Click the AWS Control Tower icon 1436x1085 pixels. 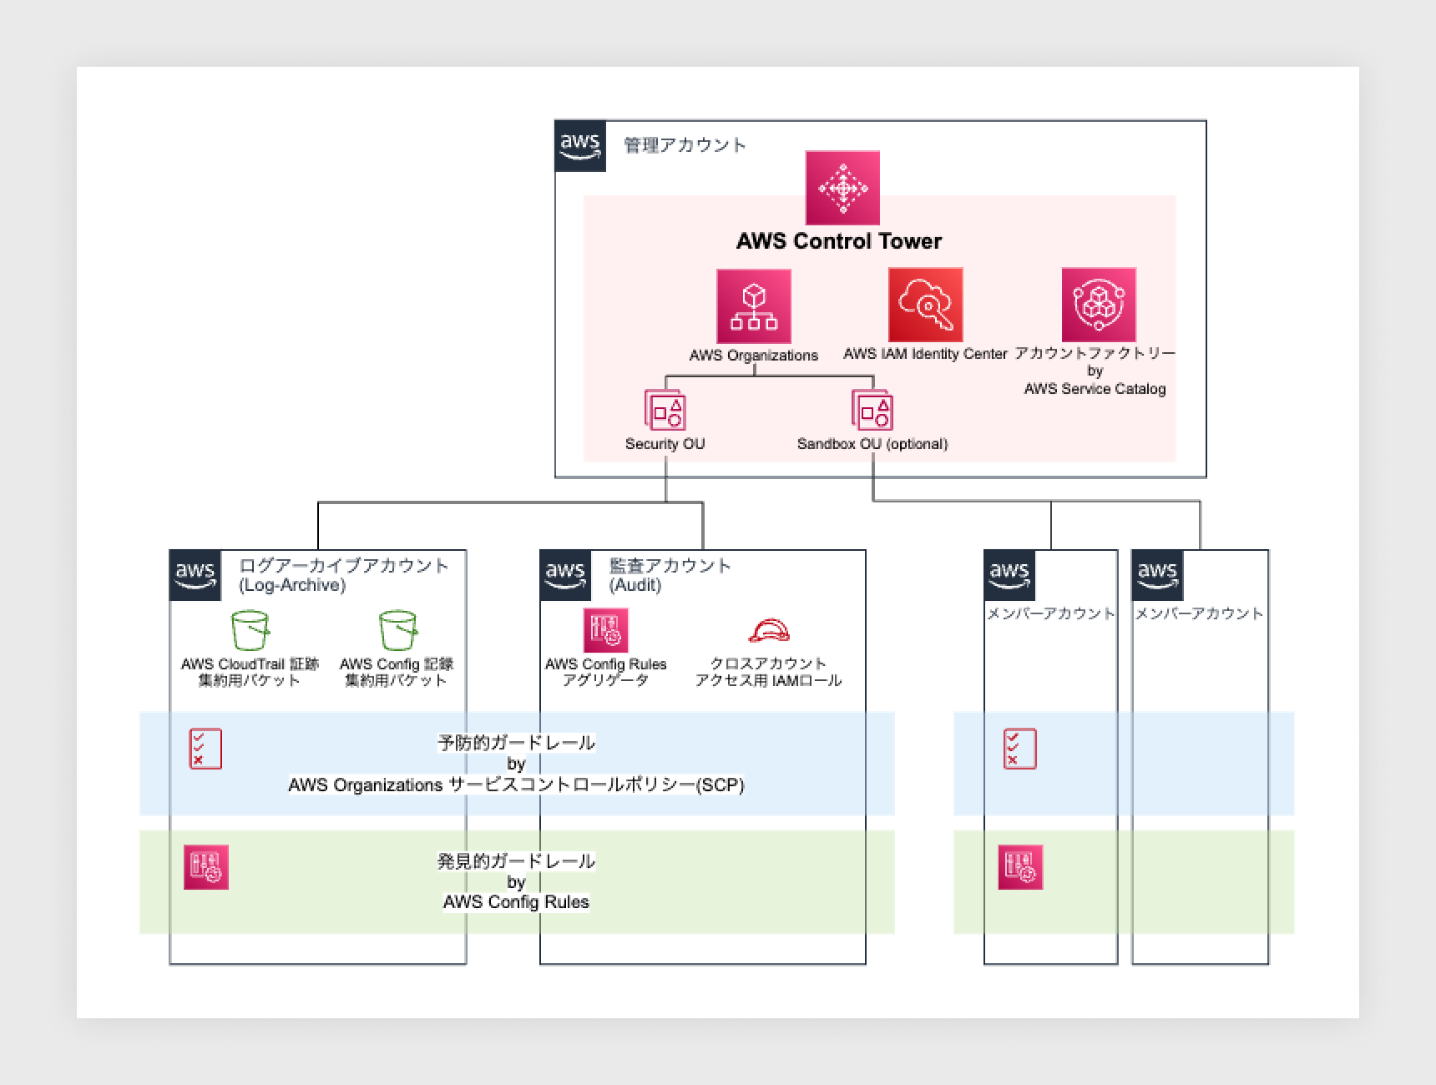[x=842, y=188]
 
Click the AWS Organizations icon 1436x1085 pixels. [x=753, y=305]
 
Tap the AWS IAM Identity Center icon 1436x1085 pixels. [x=925, y=305]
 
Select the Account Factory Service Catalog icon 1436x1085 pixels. [x=1098, y=305]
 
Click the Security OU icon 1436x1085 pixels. [x=665, y=410]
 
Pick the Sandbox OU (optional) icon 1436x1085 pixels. [x=872, y=410]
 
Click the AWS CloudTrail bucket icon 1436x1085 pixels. [x=250, y=630]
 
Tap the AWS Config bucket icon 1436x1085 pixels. [x=397, y=630]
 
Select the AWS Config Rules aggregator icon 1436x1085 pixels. [x=605, y=630]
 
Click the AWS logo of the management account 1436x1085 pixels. [x=580, y=146]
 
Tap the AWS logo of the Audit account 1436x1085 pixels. [x=565, y=575]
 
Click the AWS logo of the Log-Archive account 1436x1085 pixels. [x=195, y=575]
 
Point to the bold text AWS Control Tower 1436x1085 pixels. [x=838, y=241]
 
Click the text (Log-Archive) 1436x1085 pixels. [x=291, y=585]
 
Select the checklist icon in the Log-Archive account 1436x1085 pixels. [x=205, y=749]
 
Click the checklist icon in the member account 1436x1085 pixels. [x=1019, y=749]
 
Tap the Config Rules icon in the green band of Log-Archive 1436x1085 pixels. [x=205, y=867]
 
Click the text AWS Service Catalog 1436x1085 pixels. [x=1095, y=389]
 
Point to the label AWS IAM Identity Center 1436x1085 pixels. [x=925, y=354]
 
